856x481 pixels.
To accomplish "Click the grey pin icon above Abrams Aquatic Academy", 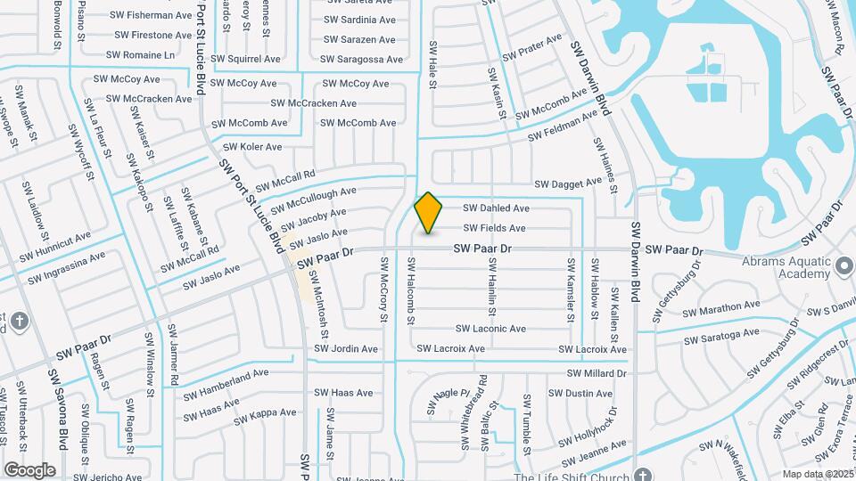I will click(x=844, y=265).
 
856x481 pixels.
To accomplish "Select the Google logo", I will click(x=29, y=469).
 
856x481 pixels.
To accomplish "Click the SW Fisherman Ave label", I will click(x=151, y=15).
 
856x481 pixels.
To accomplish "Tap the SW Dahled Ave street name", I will click(x=496, y=208).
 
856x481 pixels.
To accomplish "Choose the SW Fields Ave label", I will click(x=494, y=228).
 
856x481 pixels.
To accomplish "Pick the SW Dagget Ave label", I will click(x=568, y=183).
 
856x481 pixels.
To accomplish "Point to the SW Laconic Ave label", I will click(x=491, y=329).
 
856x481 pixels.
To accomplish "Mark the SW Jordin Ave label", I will click(x=343, y=349).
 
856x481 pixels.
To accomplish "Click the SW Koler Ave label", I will click(x=252, y=147).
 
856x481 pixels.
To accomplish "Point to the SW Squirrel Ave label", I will click(x=242, y=60).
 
